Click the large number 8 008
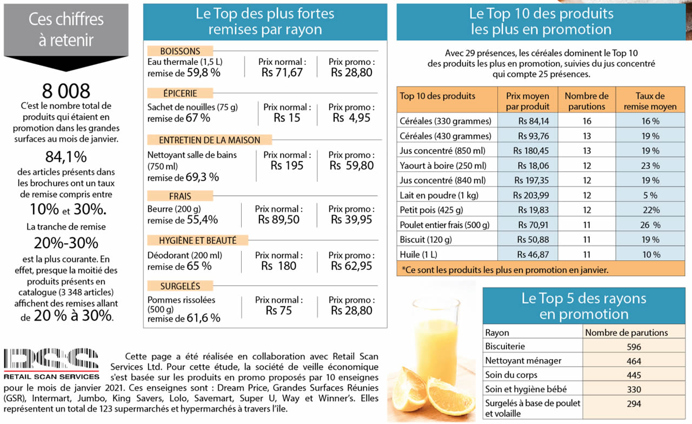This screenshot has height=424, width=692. [66, 90]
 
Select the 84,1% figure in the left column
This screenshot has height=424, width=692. [66, 157]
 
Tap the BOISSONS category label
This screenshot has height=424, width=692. [180, 51]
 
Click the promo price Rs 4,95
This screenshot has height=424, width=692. [351, 118]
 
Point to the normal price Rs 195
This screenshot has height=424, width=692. [287, 165]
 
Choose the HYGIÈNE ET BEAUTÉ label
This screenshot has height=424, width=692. [197, 240]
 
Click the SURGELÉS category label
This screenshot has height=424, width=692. [180, 286]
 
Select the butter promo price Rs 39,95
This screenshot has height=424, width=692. [351, 220]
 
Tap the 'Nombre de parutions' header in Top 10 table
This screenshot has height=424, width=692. [586, 101]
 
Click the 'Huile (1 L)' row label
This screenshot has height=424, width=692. [418, 254]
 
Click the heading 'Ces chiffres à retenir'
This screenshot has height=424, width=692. [66, 29]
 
